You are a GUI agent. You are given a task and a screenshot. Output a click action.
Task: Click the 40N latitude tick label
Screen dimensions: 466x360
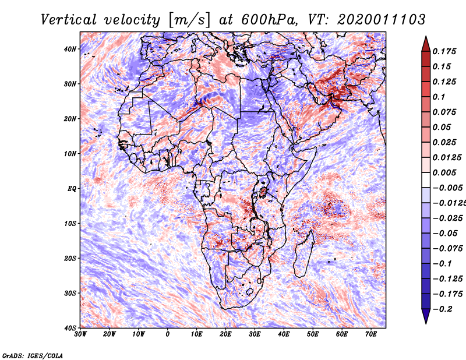click(70, 49)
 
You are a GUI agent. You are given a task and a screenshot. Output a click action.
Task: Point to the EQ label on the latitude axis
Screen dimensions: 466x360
click(72, 189)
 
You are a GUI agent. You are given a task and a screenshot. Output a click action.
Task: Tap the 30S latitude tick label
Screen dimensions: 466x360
click(70, 293)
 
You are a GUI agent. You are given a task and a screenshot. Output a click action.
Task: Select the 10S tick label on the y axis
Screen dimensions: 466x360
click(70, 224)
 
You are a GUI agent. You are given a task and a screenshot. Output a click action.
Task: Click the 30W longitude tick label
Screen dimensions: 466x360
click(80, 334)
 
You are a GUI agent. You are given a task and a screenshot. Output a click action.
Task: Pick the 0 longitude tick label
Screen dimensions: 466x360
click(168, 334)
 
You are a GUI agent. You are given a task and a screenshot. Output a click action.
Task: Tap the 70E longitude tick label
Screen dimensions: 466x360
click(370, 334)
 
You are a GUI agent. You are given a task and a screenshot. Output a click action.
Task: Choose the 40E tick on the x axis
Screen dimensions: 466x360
click(284, 334)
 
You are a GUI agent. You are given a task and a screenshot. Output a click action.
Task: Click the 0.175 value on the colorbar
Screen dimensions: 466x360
click(444, 51)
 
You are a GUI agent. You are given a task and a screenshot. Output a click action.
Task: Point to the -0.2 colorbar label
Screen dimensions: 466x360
click(443, 309)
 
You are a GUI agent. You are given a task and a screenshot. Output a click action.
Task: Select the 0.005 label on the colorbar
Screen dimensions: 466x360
click(444, 172)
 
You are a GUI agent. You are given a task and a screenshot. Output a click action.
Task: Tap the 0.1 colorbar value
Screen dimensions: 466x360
click(439, 97)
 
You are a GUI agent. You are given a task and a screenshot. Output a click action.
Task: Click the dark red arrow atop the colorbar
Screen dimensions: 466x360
click(426, 44)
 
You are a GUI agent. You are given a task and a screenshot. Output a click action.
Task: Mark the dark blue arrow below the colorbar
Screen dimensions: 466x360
click(426, 316)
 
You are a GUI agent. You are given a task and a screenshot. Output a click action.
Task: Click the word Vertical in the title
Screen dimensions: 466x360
click(69, 20)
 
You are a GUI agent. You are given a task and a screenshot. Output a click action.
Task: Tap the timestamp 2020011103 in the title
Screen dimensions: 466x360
click(382, 20)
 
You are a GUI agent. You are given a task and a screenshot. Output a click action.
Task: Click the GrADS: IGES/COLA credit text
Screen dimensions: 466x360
click(33, 355)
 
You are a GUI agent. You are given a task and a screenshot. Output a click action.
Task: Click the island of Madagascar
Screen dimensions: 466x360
click(303, 255)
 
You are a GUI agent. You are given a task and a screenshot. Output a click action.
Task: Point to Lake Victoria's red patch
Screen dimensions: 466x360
click(263, 192)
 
